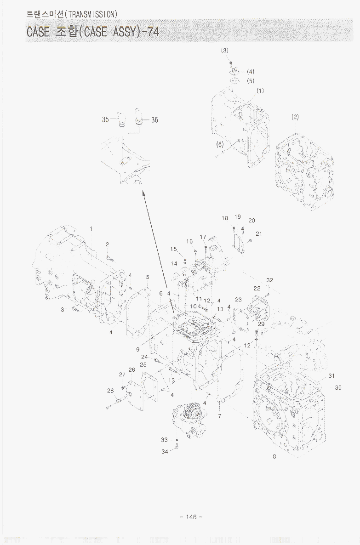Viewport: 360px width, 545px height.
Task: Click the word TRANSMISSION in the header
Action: point(91,14)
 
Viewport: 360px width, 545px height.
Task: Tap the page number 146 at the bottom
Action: point(191,517)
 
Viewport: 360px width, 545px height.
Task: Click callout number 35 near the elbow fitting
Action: point(105,119)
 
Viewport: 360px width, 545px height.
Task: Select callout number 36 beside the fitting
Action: point(154,120)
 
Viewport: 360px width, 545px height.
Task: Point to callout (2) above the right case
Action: point(295,117)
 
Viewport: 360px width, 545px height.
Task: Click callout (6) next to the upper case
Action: point(220,144)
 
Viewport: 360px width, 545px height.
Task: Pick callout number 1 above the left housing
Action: point(91,229)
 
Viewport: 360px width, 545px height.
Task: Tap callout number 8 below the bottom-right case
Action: point(274,456)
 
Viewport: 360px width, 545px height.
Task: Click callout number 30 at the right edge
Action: point(338,387)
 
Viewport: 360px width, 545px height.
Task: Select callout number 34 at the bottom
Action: point(165,452)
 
